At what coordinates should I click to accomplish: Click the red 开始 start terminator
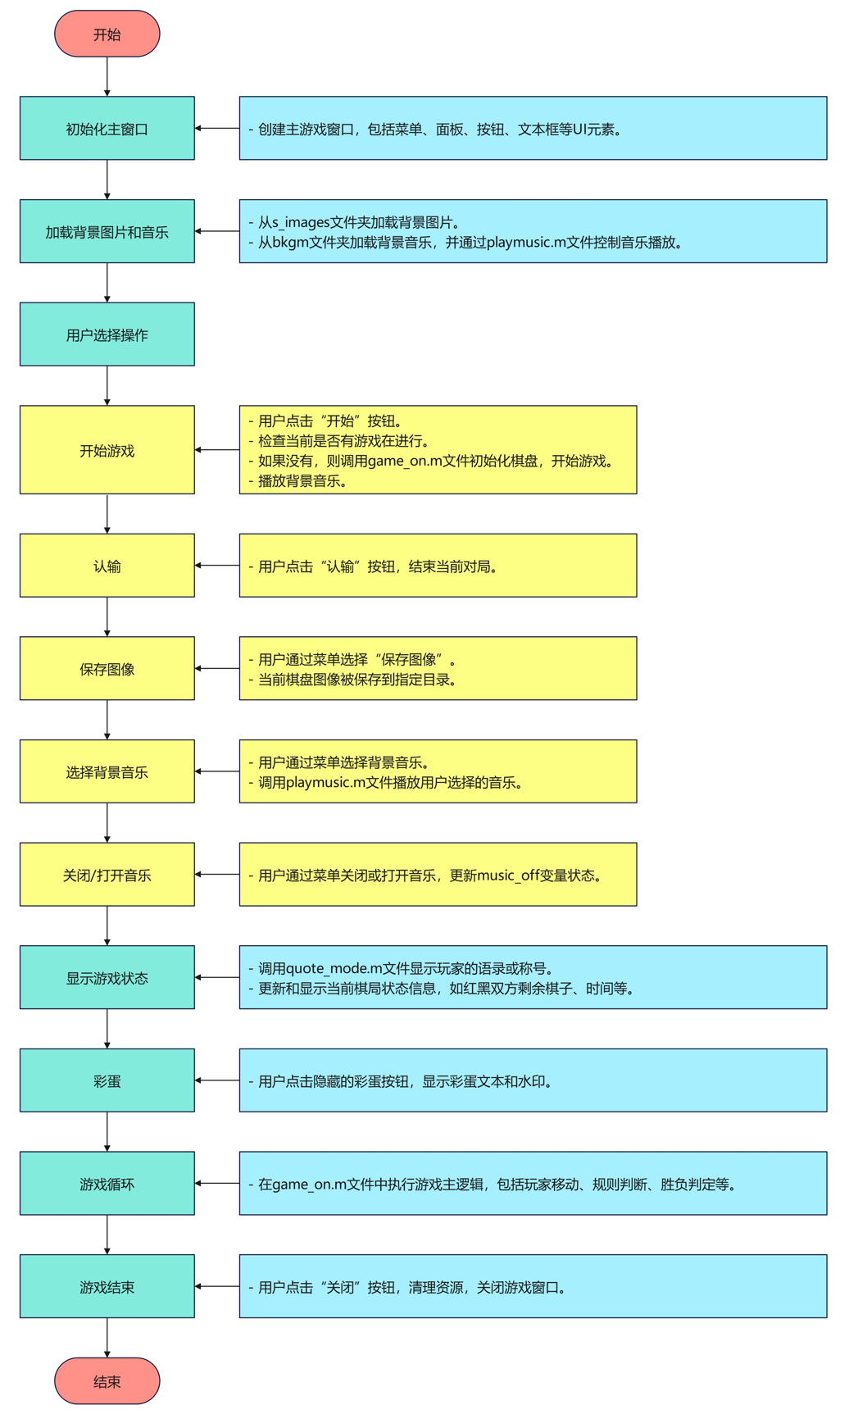(107, 34)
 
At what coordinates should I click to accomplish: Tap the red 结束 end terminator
(107, 1380)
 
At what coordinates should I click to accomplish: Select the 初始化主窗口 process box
(107, 128)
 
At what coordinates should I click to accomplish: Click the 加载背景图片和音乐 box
(107, 231)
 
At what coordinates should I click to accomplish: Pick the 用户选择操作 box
(107, 334)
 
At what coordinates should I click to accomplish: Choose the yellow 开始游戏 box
(107, 449)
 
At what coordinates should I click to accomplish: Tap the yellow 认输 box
(107, 565)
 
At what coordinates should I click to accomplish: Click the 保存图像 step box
(107, 668)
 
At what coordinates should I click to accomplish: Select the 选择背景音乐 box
(107, 771)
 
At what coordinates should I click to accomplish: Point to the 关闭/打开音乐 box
(107, 874)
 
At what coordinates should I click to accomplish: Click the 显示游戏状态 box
(107, 977)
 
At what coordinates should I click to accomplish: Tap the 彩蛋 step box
(107, 1080)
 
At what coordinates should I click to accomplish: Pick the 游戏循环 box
(107, 1183)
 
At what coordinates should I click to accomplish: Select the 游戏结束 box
(107, 1285)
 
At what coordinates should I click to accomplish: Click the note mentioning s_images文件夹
(533, 231)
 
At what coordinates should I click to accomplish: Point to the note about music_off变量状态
(438, 874)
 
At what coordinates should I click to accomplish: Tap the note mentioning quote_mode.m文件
(533, 977)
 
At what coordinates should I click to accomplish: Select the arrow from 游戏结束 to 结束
(107, 1337)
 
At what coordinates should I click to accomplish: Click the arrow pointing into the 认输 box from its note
(217, 566)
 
